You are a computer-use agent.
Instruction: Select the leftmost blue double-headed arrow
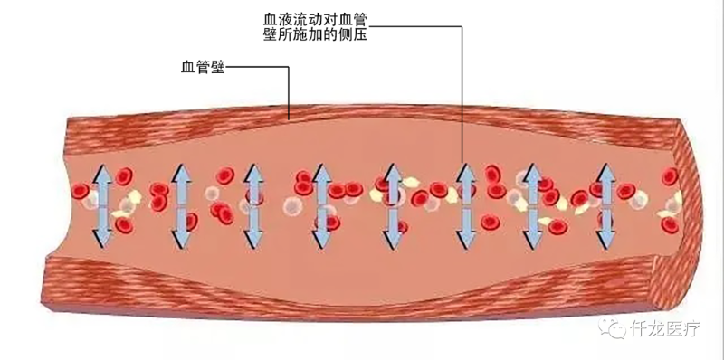pyautogui.click(x=101, y=206)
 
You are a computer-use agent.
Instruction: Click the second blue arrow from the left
pyautogui.click(x=178, y=206)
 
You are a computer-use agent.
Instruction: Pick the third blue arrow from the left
pyautogui.click(x=253, y=206)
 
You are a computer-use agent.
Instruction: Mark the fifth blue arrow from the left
pyautogui.click(x=393, y=206)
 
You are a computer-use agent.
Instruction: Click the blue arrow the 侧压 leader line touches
pyautogui.click(x=467, y=206)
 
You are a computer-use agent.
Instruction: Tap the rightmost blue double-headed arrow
pyautogui.click(x=605, y=206)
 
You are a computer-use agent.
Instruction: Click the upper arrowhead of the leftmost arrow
pyautogui.click(x=101, y=173)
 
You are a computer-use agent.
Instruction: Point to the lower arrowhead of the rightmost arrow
pyautogui.click(x=605, y=241)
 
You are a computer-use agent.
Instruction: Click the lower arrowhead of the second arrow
pyautogui.click(x=178, y=241)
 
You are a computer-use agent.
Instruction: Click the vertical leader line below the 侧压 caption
pyautogui.click(x=463, y=99)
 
